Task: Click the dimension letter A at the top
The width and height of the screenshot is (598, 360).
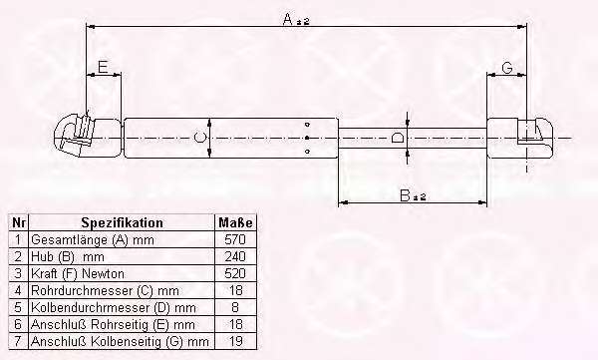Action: pos(288,19)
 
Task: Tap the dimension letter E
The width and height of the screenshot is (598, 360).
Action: pos(103,67)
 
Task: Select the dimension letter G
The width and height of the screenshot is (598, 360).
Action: pos(507,68)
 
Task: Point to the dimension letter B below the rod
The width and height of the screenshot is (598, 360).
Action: pos(406,195)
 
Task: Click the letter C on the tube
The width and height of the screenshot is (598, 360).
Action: pos(199,137)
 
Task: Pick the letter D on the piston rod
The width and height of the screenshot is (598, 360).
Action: pos(398,138)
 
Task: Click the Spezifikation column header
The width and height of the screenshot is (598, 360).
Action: pos(122,222)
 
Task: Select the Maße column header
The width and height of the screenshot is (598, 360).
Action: pos(235,222)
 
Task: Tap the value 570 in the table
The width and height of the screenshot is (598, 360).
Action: pos(235,239)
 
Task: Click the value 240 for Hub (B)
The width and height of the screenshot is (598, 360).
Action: pos(235,256)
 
